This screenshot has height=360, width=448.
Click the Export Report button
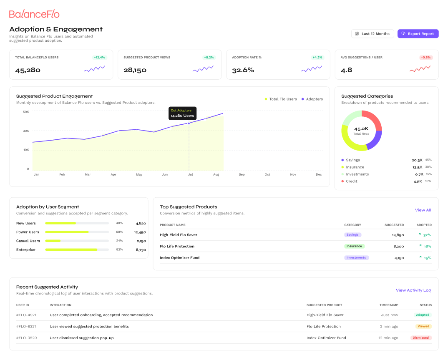click(x=418, y=34)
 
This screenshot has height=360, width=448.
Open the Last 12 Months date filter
click(x=372, y=34)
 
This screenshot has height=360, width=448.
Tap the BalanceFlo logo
click(x=34, y=14)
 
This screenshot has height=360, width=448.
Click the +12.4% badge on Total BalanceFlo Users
click(x=99, y=58)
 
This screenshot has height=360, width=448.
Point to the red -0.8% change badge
click(x=426, y=58)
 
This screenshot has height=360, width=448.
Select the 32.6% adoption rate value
click(x=243, y=70)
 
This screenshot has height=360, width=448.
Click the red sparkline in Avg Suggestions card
click(x=420, y=68)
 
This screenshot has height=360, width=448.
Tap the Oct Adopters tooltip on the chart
click(x=182, y=113)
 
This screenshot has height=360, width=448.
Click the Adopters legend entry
click(x=312, y=99)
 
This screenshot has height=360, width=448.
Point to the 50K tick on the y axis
click(x=26, y=112)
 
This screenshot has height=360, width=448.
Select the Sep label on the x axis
click(x=242, y=174)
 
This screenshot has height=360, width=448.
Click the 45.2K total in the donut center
click(x=361, y=129)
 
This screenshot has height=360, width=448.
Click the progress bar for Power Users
click(x=77, y=232)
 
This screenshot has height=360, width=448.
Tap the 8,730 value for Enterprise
click(x=141, y=250)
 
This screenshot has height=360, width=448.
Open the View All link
click(x=423, y=210)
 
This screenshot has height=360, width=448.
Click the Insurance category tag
click(x=354, y=246)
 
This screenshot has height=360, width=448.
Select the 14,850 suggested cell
click(x=398, y=235)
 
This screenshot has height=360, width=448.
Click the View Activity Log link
click(x=413, y=290)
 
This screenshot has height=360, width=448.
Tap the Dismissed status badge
click(x=420, y=338)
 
